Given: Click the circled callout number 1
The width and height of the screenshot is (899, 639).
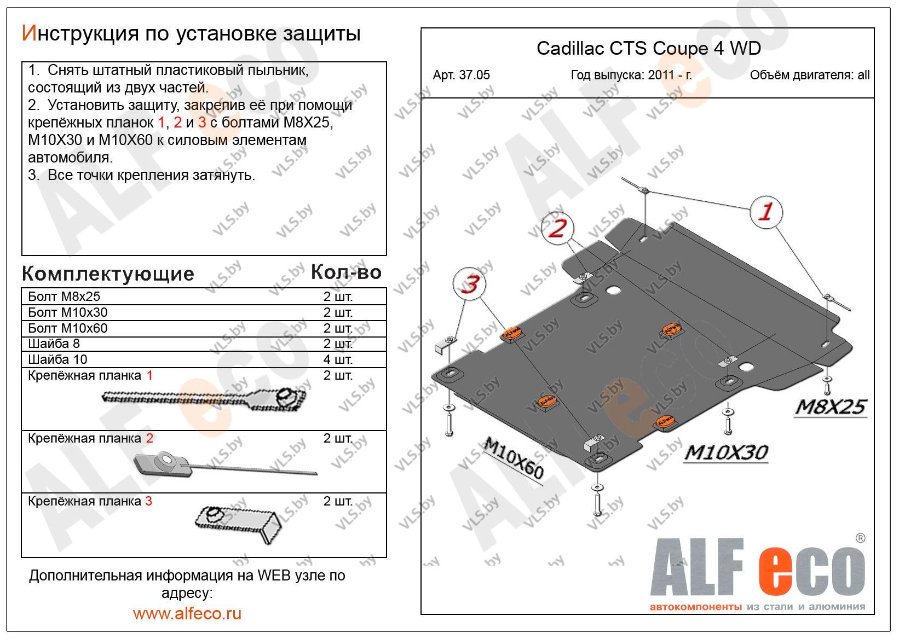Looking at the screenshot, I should point(765,212).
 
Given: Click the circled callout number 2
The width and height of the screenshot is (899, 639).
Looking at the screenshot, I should point(557,228).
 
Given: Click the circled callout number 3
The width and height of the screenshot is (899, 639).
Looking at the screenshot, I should point(469,284).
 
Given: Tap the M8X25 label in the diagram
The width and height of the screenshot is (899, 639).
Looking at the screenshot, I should point(831,407).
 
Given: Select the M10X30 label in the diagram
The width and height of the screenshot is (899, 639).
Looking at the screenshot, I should point(726,452).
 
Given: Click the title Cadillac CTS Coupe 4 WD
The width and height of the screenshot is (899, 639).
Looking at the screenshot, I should point(648,48).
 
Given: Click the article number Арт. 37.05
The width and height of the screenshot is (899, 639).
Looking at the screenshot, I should point(461,75).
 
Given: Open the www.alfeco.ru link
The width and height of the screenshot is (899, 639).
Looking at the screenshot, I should point(187,613).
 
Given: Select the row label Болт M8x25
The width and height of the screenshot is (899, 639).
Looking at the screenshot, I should point(64,297).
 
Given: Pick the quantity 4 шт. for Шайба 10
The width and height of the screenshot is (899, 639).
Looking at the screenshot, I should point(337,359).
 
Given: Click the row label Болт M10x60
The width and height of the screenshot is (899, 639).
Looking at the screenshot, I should point(67,328).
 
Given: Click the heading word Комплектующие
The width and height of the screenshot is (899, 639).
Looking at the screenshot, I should point(108,274).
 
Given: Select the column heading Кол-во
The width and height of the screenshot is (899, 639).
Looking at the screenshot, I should point(345,272).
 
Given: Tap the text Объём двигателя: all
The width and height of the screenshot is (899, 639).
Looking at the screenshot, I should point(809,75).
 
